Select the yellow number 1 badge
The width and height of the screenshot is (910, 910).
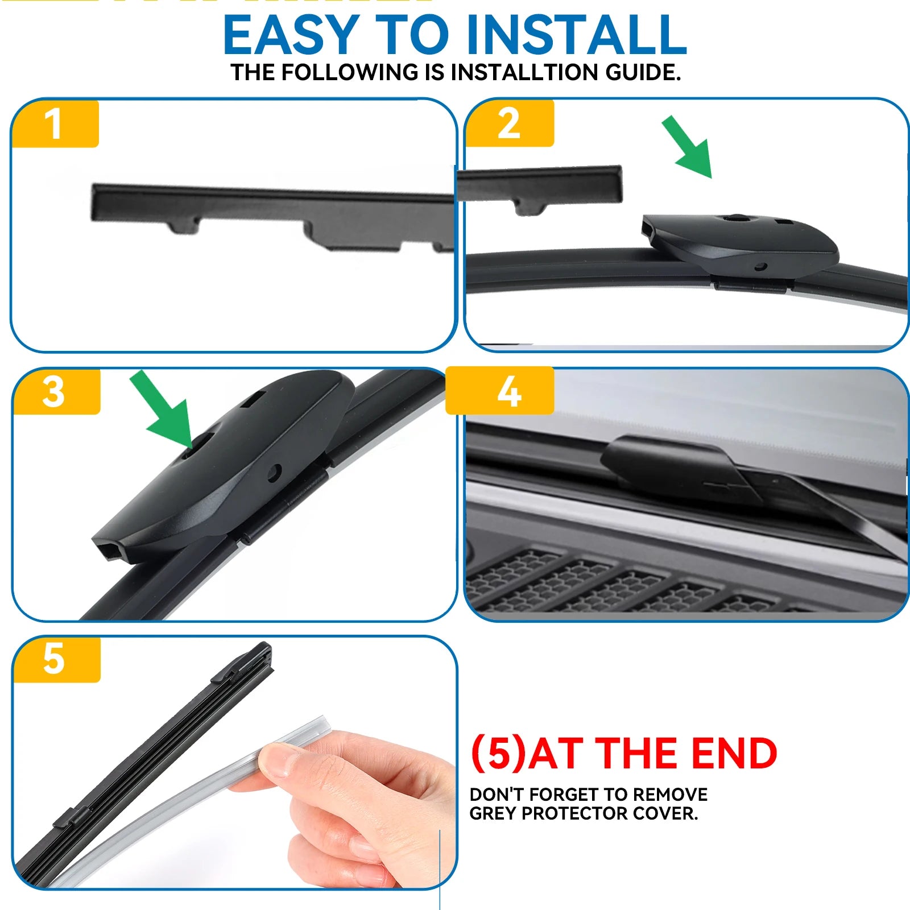point(55,123)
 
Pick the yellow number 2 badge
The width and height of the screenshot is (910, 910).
point(510,123)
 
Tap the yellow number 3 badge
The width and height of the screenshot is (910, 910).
point(56,391)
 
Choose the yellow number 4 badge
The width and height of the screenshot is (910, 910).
point(500,391)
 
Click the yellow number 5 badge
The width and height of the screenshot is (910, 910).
point(56,659)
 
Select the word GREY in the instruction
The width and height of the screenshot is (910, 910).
point(493,813)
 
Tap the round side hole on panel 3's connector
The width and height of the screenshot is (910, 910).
point(275,471)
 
